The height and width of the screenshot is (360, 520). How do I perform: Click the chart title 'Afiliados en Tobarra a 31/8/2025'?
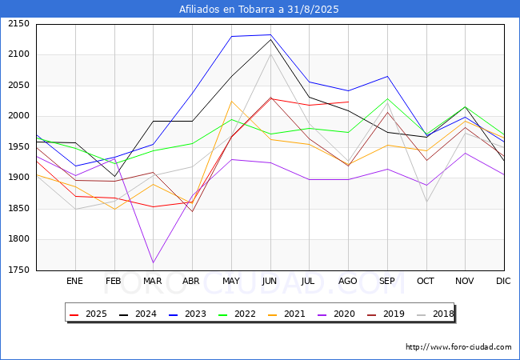point(260,10)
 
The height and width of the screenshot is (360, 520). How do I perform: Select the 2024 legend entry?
point(138,314)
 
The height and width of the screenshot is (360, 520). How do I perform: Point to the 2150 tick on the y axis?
point(18,24)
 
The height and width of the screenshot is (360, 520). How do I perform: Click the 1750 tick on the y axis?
point(18,270)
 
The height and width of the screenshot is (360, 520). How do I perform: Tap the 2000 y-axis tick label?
point(18,116)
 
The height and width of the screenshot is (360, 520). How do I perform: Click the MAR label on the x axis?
point(153,281)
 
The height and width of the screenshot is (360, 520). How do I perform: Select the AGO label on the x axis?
point(348,281)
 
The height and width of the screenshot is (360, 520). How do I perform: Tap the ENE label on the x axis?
point(74,281)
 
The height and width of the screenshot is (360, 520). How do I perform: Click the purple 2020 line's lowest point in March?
point(153,262)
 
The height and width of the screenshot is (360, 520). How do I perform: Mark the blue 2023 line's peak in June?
point(270,35)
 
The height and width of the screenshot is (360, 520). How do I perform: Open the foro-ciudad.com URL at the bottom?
point(458,347)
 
